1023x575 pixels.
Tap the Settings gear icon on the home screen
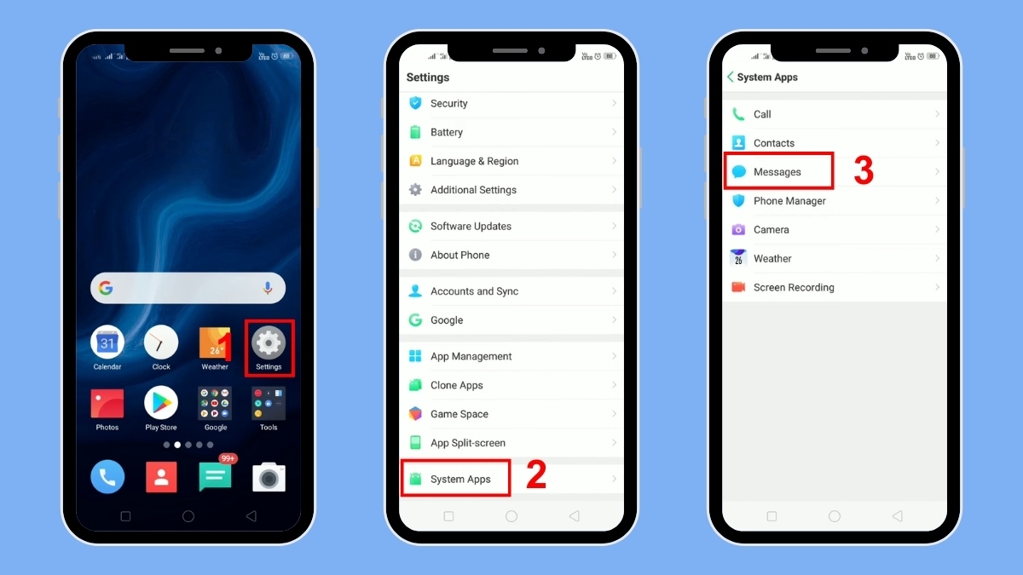click(269, 343)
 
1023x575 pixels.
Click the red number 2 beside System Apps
click(535, 475)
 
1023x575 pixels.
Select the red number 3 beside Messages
click(864, 171)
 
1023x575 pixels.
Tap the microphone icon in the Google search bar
click(268, 289)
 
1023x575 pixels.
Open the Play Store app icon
click(161, 403)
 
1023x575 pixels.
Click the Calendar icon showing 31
click(107, 342)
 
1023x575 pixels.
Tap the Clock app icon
click(161, 342)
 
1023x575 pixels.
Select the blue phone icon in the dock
click(107, 477)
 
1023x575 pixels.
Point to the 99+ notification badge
click(228, 458)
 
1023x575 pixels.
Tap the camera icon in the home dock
click(269, 477)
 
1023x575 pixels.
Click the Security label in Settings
click(448, 103)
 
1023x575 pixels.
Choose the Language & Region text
click(474, 161)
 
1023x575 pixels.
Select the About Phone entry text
click(459, 255)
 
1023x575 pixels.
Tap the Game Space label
click(459, 414)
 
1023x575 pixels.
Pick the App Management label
click(471, 356)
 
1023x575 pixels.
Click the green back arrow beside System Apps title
click(731, 77)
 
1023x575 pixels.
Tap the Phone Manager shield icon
click(738, 201)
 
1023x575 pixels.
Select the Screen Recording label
click(793, 287)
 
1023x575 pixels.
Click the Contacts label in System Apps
click(773, 143)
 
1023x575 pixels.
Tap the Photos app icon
click(107, 403)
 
